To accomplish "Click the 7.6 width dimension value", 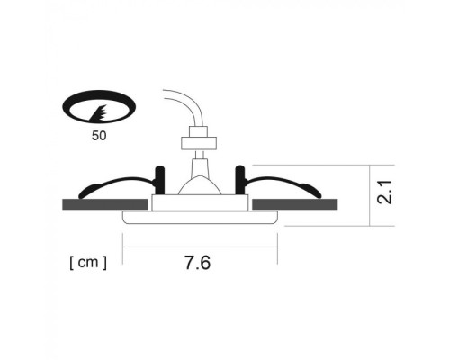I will pos(198,264).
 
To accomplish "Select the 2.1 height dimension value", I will pos(386,193).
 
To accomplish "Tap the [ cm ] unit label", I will pos(87,264).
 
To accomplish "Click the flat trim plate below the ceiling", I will pos(199,219).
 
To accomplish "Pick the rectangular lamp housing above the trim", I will pos(199,202).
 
